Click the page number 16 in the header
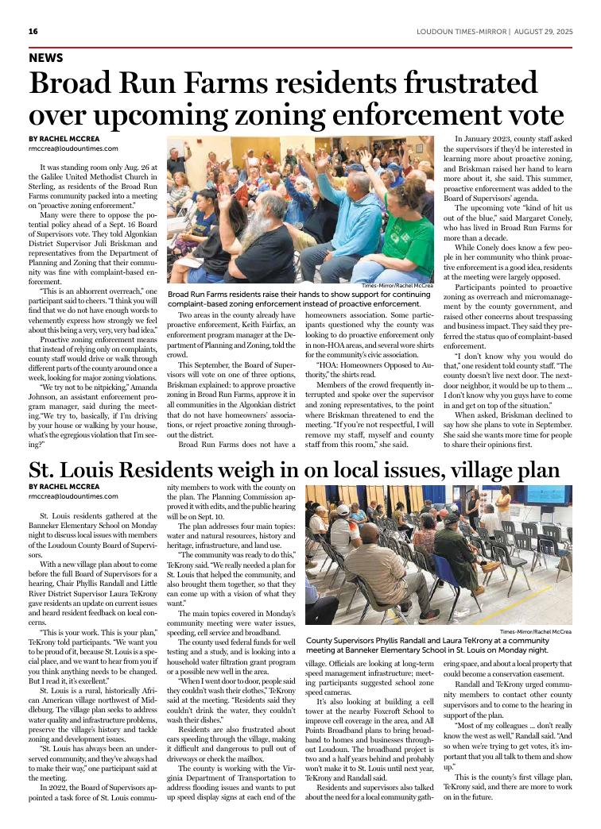click(33, 32)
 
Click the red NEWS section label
click(45, 58)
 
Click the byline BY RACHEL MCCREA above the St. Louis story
click(64, 486)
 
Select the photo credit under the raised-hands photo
click(397, 285)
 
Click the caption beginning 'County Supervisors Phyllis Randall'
click(438, 646)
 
